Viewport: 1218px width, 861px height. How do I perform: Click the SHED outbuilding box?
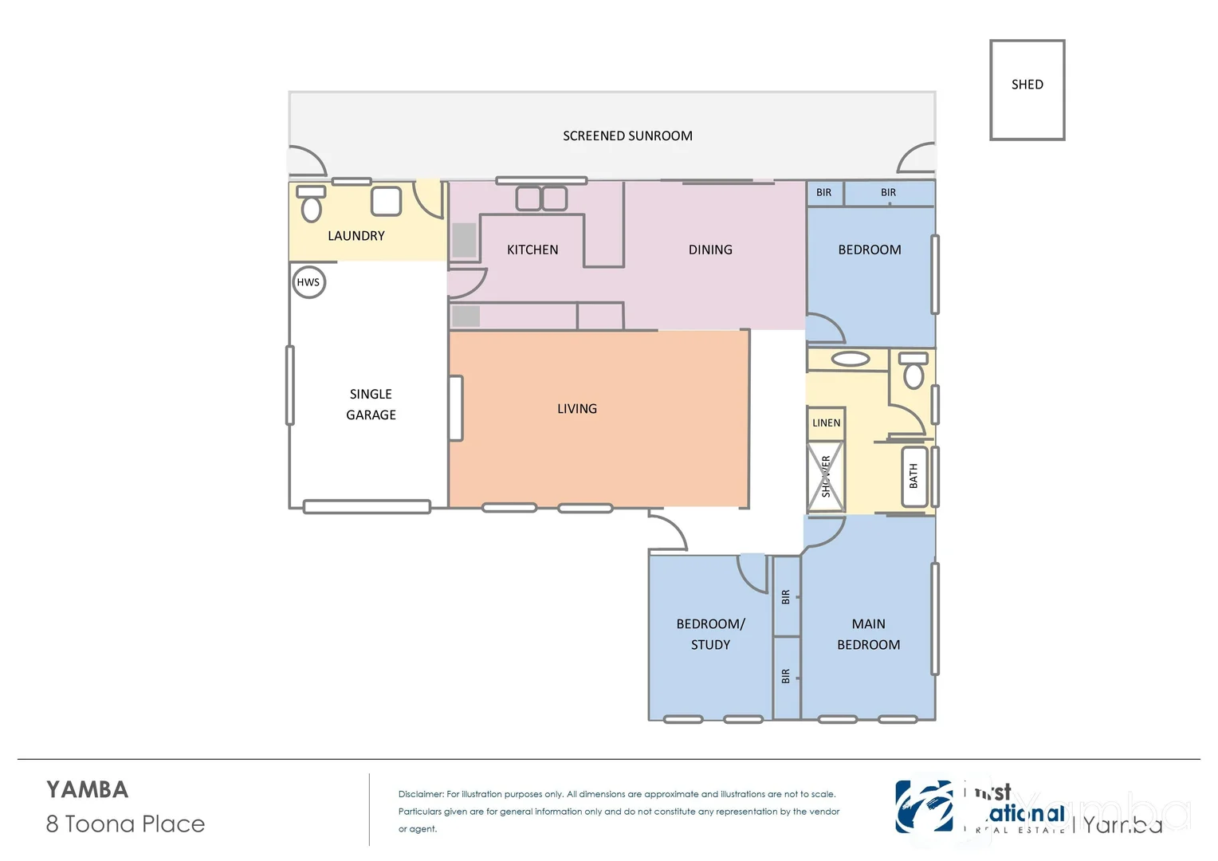click(1027, 90)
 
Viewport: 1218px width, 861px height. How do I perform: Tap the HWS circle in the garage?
click(308, 282)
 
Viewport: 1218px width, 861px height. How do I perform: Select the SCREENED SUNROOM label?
click(627, 136)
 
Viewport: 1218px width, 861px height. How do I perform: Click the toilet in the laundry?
click(311, 206)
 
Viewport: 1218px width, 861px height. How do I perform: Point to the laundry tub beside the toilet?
click(386, 201)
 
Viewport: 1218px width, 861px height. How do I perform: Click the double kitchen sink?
click(541, 199)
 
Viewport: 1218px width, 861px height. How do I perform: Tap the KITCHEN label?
click(532, 250)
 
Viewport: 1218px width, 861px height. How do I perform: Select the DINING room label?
click(710, 250)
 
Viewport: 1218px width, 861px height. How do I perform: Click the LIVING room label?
click(577, 409)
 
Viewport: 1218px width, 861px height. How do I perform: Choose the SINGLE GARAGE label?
click(371, 404)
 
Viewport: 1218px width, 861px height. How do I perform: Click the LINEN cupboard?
click(826, 423)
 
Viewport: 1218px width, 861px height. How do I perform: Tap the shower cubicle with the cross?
click(825, 477)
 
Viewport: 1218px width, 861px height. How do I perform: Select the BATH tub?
click(913, 477)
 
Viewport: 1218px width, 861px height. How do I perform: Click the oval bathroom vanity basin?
click(851, 360)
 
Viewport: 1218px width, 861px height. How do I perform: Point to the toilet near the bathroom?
click(913, 372)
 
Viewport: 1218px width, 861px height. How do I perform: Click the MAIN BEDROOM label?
click(868, 635)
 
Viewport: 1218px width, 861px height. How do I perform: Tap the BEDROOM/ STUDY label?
click(710, 635)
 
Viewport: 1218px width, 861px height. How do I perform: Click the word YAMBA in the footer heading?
click(87, 790)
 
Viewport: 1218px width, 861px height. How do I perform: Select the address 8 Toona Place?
click(125, 824)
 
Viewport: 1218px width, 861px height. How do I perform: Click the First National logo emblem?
click(924, 807)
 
